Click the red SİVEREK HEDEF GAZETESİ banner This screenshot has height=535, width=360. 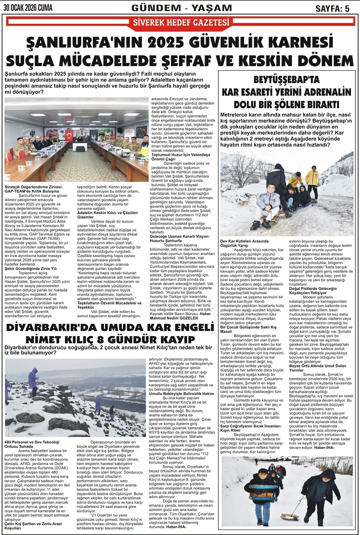tap(180, 23)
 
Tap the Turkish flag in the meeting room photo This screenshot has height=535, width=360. tap(69, 134)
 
